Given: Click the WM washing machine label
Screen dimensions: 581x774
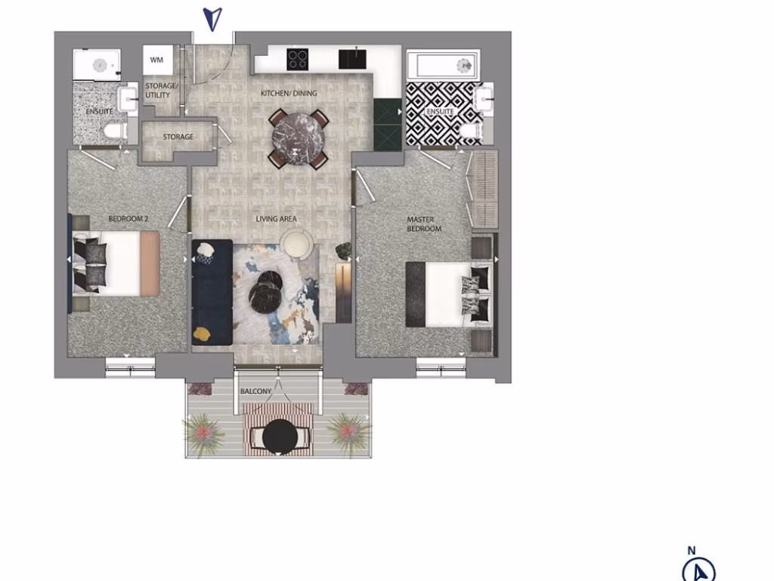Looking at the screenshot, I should [156, 59].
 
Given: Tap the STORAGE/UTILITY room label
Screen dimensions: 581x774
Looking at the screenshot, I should [161, 91].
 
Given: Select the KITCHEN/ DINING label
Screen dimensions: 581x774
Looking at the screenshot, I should [289, 94].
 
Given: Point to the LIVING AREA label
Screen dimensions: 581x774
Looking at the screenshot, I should [276, 219].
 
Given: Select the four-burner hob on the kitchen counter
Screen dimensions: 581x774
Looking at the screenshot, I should [297, 58].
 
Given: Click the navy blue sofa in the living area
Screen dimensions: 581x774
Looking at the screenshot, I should [212, 292].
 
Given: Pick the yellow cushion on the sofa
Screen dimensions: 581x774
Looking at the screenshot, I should [202, 332].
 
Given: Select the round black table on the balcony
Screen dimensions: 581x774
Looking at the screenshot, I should [280, 435].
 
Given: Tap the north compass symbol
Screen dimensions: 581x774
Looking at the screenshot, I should [698, 569].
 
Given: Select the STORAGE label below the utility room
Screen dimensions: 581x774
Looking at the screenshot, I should [178, 138].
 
